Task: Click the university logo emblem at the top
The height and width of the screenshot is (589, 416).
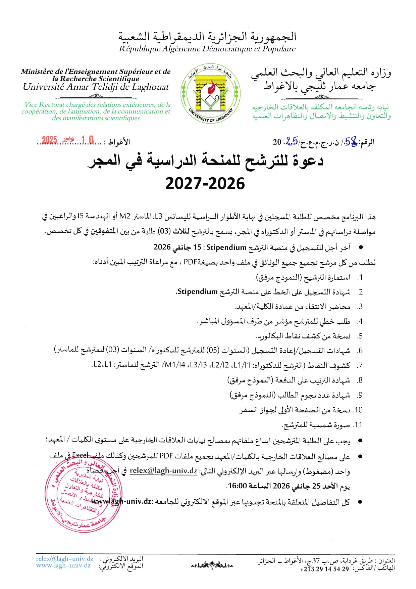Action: [210, 93]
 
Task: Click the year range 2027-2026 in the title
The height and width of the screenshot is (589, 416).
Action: [205, 184]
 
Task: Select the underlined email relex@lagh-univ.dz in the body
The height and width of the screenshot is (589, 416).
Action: [163, 470]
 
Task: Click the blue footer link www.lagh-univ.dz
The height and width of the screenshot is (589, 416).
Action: [63, 565]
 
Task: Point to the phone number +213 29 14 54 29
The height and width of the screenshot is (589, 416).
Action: [324, 569]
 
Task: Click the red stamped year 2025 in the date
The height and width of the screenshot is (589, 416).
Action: [49, 140]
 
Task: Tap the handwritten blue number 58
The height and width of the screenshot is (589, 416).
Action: [351, 142]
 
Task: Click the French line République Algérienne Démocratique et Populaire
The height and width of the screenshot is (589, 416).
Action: [207, 49]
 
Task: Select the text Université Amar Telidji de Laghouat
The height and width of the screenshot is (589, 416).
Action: [96, 87]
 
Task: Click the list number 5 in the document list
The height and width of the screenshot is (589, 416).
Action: [360, 336]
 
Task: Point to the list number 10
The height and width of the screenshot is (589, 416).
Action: [358, 410]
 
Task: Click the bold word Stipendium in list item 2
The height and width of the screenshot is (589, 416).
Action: [197, 291]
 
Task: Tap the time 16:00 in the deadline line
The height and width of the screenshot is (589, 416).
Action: [238, 486]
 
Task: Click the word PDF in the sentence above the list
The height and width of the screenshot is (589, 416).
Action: [190, 262]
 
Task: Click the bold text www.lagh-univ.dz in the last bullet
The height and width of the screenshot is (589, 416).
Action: [121, 502]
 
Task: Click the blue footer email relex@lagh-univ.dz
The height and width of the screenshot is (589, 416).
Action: [65, 559]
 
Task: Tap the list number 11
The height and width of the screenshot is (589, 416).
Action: [358, 425]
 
